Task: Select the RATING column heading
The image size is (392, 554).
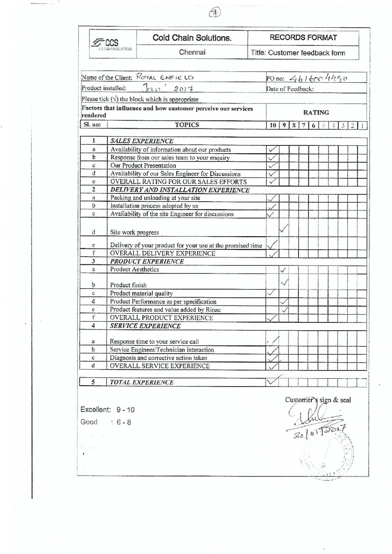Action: click(x=317, y=113)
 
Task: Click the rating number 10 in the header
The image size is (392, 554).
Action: click(x=273, y=126)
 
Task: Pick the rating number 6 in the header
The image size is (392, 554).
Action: click(x=313, y=126)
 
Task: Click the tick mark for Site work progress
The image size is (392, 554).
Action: click(x=283, y=228)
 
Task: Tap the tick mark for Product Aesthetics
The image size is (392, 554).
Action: click(x=283, y=270)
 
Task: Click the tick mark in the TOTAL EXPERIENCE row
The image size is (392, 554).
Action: click(x=273, y=381)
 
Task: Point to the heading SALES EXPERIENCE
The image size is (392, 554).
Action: click(x=142, y=141)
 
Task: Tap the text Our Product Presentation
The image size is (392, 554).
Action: click(x=143, y=165)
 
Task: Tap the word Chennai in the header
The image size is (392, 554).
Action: click(x=192, y=53)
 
